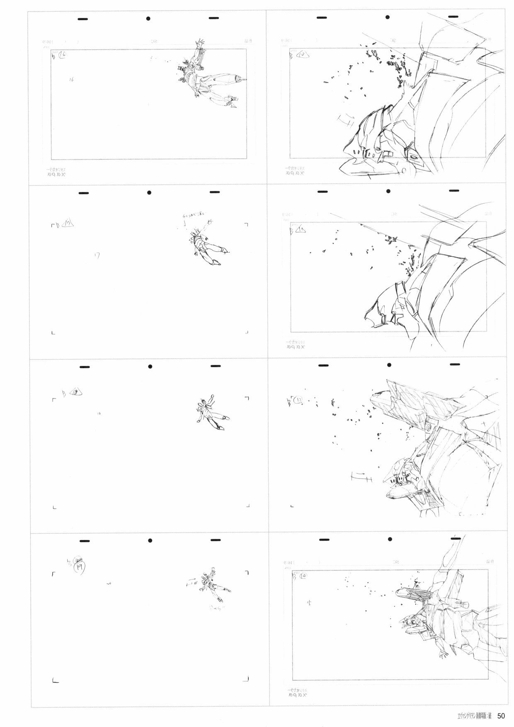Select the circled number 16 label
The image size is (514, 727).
click(x=66, y=55)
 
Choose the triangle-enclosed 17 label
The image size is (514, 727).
click(x=69, y=225)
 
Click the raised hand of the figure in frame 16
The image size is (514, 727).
click(x=201, y=42)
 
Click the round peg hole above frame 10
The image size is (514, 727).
click(x=388, y=18)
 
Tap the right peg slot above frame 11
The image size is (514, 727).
click(x=456, y=191)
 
